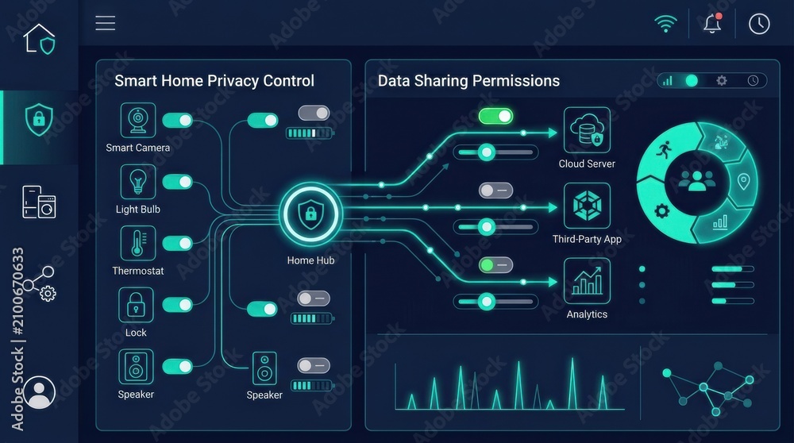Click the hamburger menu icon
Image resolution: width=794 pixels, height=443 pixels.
(106, 23)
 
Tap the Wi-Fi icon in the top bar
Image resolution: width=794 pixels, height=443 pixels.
(665, 23)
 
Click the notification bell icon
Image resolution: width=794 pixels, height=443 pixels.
(712, 23)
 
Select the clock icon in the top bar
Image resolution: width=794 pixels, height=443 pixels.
(759, 24)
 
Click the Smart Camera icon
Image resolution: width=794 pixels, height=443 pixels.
(137, 120)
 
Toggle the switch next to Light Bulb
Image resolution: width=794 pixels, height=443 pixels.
(177, 182)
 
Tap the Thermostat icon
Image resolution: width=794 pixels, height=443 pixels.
(137, 244)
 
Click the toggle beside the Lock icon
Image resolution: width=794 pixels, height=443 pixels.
(177, 305)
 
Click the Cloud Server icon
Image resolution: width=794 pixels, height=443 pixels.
(587, 130)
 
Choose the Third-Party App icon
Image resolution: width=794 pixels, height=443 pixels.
(587, 206)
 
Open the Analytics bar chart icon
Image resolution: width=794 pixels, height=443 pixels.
(587, 281)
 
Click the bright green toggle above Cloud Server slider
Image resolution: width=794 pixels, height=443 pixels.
(495, 117)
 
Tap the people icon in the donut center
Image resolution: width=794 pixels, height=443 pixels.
(697, 181)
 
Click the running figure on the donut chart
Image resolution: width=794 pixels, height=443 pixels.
(664, 149)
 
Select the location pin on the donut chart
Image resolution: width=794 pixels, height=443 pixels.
(743, 181)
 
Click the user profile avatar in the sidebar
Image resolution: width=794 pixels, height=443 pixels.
(40, 392)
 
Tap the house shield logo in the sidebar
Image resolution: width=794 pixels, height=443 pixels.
(39, 39)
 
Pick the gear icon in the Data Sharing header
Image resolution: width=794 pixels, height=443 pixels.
(722, 80)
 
